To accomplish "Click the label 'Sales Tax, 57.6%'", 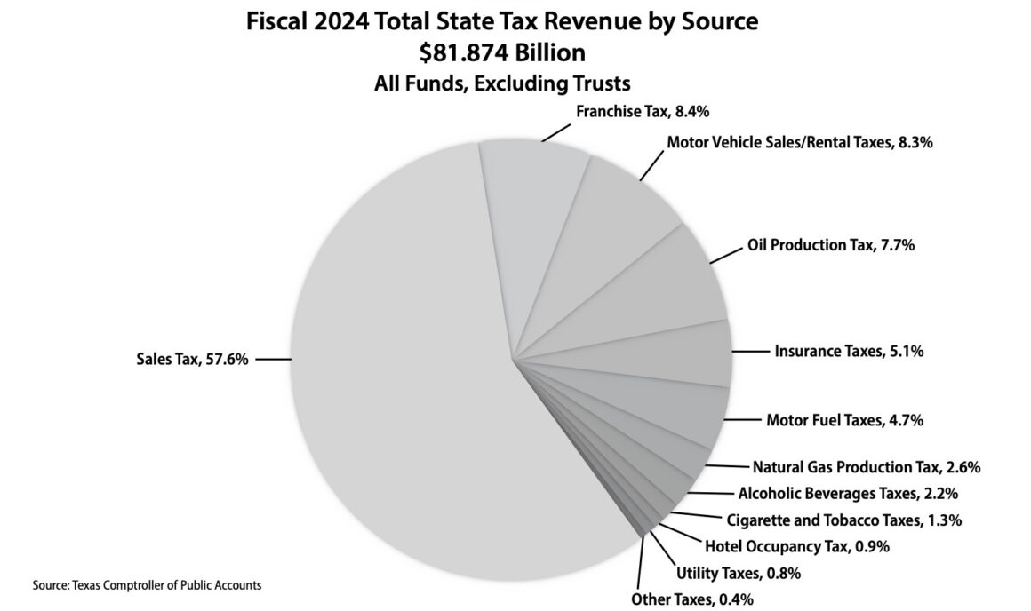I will [x=192, y=359].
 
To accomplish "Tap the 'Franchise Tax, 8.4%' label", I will [x=643, y=112].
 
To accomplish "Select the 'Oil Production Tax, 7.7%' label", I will [x=830, y=246].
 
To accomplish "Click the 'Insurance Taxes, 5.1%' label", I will [x=850, y=352].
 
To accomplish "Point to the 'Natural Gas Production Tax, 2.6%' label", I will [x=867, y=466].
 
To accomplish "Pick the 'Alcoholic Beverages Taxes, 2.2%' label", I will [x=848, y=493].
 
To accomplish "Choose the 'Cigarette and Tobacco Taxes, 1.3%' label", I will [x=844, y=520].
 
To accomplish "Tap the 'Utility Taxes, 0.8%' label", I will [x=739, y=573].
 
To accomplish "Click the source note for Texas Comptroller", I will [x=147, y=585].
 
